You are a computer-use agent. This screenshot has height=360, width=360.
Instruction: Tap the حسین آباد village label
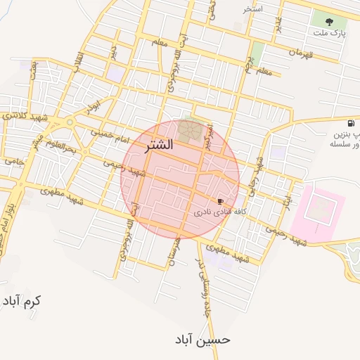click(202, 340)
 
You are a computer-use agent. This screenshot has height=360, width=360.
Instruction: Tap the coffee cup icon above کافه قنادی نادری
click(221, 201)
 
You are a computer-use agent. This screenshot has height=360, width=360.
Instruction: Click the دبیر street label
click(113, 53)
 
